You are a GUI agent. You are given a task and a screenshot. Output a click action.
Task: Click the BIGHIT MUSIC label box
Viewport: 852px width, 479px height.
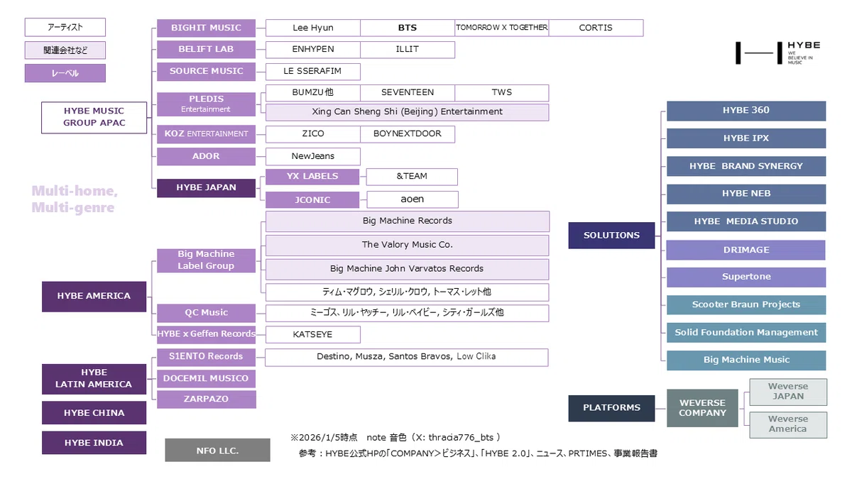tap(206, 28)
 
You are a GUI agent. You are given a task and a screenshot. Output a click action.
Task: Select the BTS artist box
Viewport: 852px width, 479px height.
tap(408, 28)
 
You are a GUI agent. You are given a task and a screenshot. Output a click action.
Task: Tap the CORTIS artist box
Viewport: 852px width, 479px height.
tap(596, 28)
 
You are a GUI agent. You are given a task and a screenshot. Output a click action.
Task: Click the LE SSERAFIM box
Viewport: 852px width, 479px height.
tap(312, 72)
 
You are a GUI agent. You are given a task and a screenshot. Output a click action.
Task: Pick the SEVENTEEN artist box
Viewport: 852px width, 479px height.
tap(408, 93)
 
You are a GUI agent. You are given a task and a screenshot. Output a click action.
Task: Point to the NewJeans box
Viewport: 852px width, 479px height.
tap(312, 156)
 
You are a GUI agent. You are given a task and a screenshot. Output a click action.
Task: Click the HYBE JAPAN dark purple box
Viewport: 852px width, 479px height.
tap(206, 188)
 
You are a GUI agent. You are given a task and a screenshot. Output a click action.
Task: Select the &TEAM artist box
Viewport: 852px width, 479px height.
tap(412, 177)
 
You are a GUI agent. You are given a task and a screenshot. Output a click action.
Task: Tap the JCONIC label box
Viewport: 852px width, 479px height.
tap(312, 200)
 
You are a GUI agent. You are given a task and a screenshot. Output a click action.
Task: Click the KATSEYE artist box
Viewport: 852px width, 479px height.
tap(312, 334)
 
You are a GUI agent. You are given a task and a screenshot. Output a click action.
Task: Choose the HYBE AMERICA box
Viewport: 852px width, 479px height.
tap(94, 297)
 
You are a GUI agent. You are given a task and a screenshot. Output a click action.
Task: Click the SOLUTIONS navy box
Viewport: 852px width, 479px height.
tap(611, 236)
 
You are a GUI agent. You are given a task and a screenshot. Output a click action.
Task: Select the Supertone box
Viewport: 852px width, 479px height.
tap(746, 277)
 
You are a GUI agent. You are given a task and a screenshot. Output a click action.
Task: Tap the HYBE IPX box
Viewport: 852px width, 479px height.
tap(746, 138)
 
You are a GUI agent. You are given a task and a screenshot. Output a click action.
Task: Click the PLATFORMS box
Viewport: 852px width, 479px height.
tap(611, 408)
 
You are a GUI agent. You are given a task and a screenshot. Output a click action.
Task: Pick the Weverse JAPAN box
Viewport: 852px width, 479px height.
tap(788, 392)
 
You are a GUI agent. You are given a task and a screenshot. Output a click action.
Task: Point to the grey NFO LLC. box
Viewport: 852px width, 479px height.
tap(217, 451)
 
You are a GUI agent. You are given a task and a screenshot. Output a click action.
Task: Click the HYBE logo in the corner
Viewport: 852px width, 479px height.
tap(777, 53)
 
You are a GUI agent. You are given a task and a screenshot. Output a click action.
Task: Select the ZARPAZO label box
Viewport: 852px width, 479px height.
tap(206, 399)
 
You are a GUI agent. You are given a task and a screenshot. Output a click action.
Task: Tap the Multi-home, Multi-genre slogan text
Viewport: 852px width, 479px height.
tap(75, 199)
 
